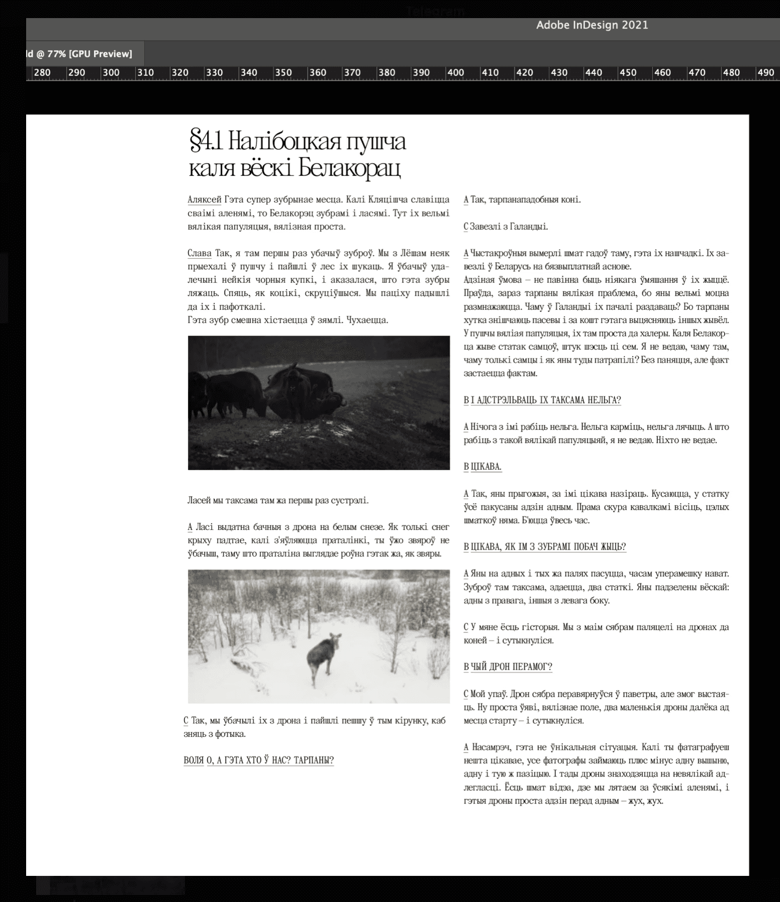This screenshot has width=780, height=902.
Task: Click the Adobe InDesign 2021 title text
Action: pos(592,25)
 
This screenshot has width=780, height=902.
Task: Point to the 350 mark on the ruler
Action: pos(283,72)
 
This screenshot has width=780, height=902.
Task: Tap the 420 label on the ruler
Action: pos(525,72)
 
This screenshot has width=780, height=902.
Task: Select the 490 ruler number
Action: pos(765,72)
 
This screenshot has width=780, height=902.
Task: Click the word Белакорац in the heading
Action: pos(350,169)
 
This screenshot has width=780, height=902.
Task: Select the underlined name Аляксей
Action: pos(204,199)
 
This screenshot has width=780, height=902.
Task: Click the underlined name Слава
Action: pos(199,253)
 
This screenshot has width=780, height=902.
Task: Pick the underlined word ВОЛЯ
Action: pos(194,760)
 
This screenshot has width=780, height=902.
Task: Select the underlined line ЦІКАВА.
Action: pos(485,467)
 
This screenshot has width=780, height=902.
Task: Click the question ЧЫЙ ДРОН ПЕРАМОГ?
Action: pos(511,667)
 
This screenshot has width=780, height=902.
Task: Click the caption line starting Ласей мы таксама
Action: pos(278,500)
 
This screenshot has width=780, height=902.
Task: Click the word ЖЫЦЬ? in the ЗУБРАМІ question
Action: pos(613,546)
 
